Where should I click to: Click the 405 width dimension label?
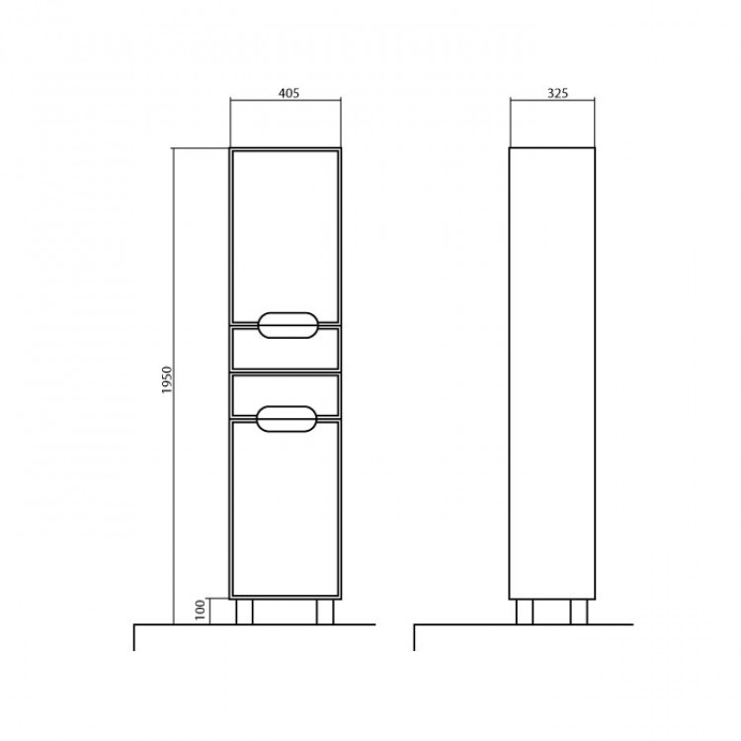click(x=288, y=93)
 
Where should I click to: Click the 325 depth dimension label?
click(x=557, y=93)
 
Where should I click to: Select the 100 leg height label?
click(x=201, y=610)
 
